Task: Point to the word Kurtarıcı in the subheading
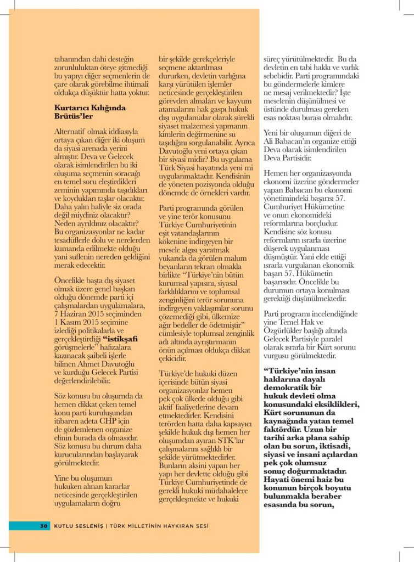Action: tap(71, 108)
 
